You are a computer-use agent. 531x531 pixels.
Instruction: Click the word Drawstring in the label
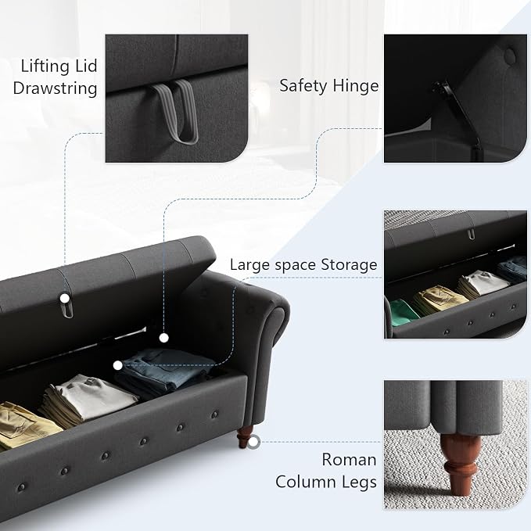tap(56, 88)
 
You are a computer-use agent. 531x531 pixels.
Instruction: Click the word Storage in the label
tap(349, 265)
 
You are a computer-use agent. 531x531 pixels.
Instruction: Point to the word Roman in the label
tap(349, 460)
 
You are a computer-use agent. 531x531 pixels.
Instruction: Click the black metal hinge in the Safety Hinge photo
tap(457, 115)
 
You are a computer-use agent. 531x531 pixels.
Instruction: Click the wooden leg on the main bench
tap(245, 436)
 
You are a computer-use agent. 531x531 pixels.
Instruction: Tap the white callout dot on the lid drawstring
tap(64, 299)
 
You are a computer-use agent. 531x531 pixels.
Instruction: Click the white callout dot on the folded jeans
tap(117, 365)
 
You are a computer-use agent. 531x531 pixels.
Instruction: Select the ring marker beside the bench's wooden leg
tap(253, 443)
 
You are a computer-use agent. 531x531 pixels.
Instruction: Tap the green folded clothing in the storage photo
tap(404, 312)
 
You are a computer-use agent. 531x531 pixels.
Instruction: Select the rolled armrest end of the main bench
tap(276, 322)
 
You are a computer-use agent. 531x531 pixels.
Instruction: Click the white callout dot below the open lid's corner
tap(164, 338)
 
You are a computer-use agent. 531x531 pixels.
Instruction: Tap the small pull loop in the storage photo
tap(472, 234)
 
